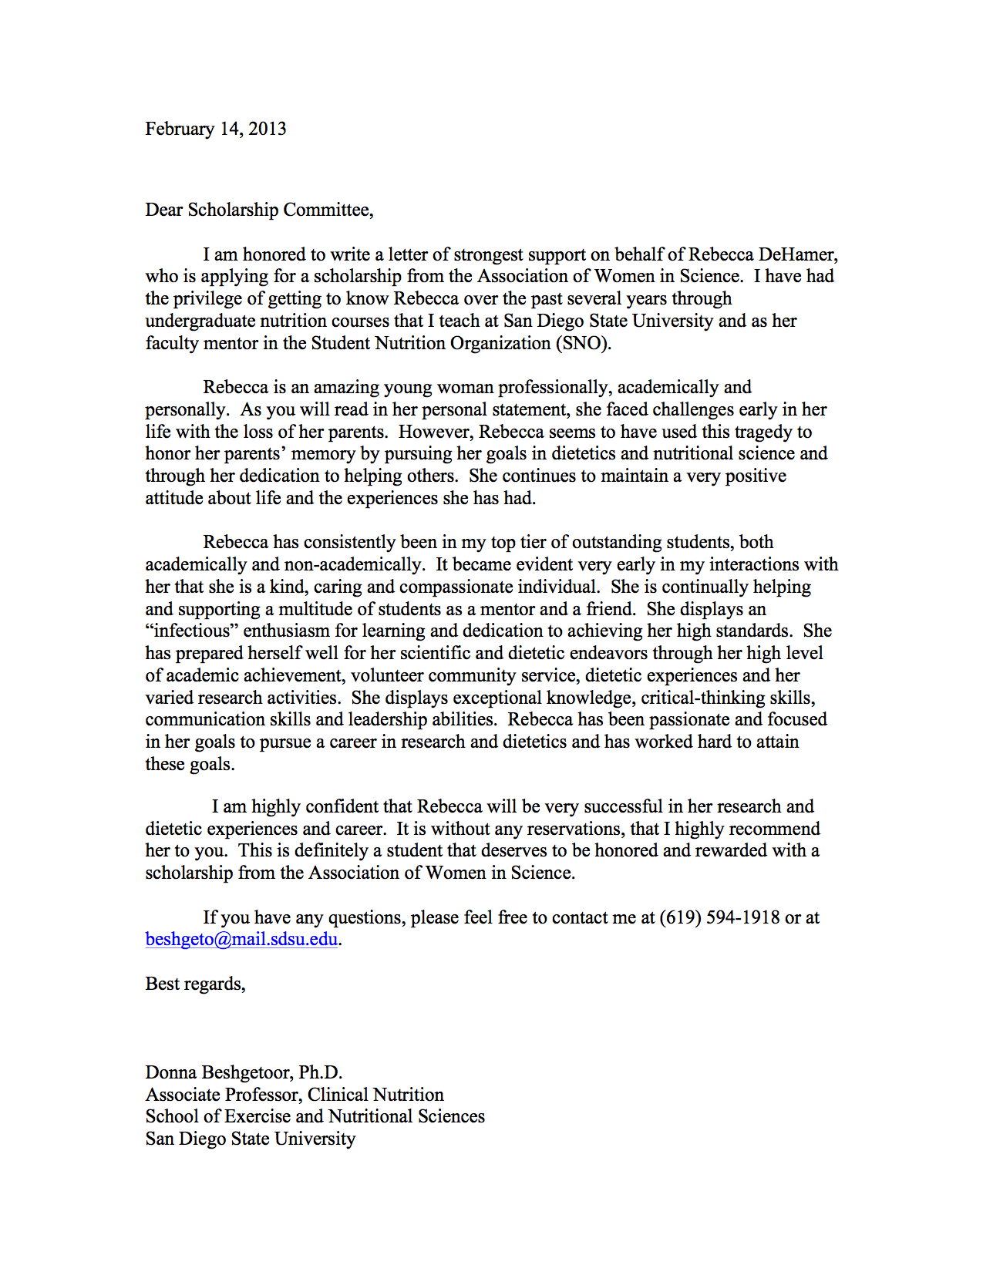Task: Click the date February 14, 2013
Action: [215, 129]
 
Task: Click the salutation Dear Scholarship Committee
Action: [259, 210]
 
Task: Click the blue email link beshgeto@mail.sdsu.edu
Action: [241, 939]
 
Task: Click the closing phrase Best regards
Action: [195, 984]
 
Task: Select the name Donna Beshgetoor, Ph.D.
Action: [244, 1072]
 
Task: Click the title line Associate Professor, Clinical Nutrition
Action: [295, 1095]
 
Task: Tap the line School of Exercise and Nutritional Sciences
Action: [315, 1116]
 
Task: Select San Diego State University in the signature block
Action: [250, 1139]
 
